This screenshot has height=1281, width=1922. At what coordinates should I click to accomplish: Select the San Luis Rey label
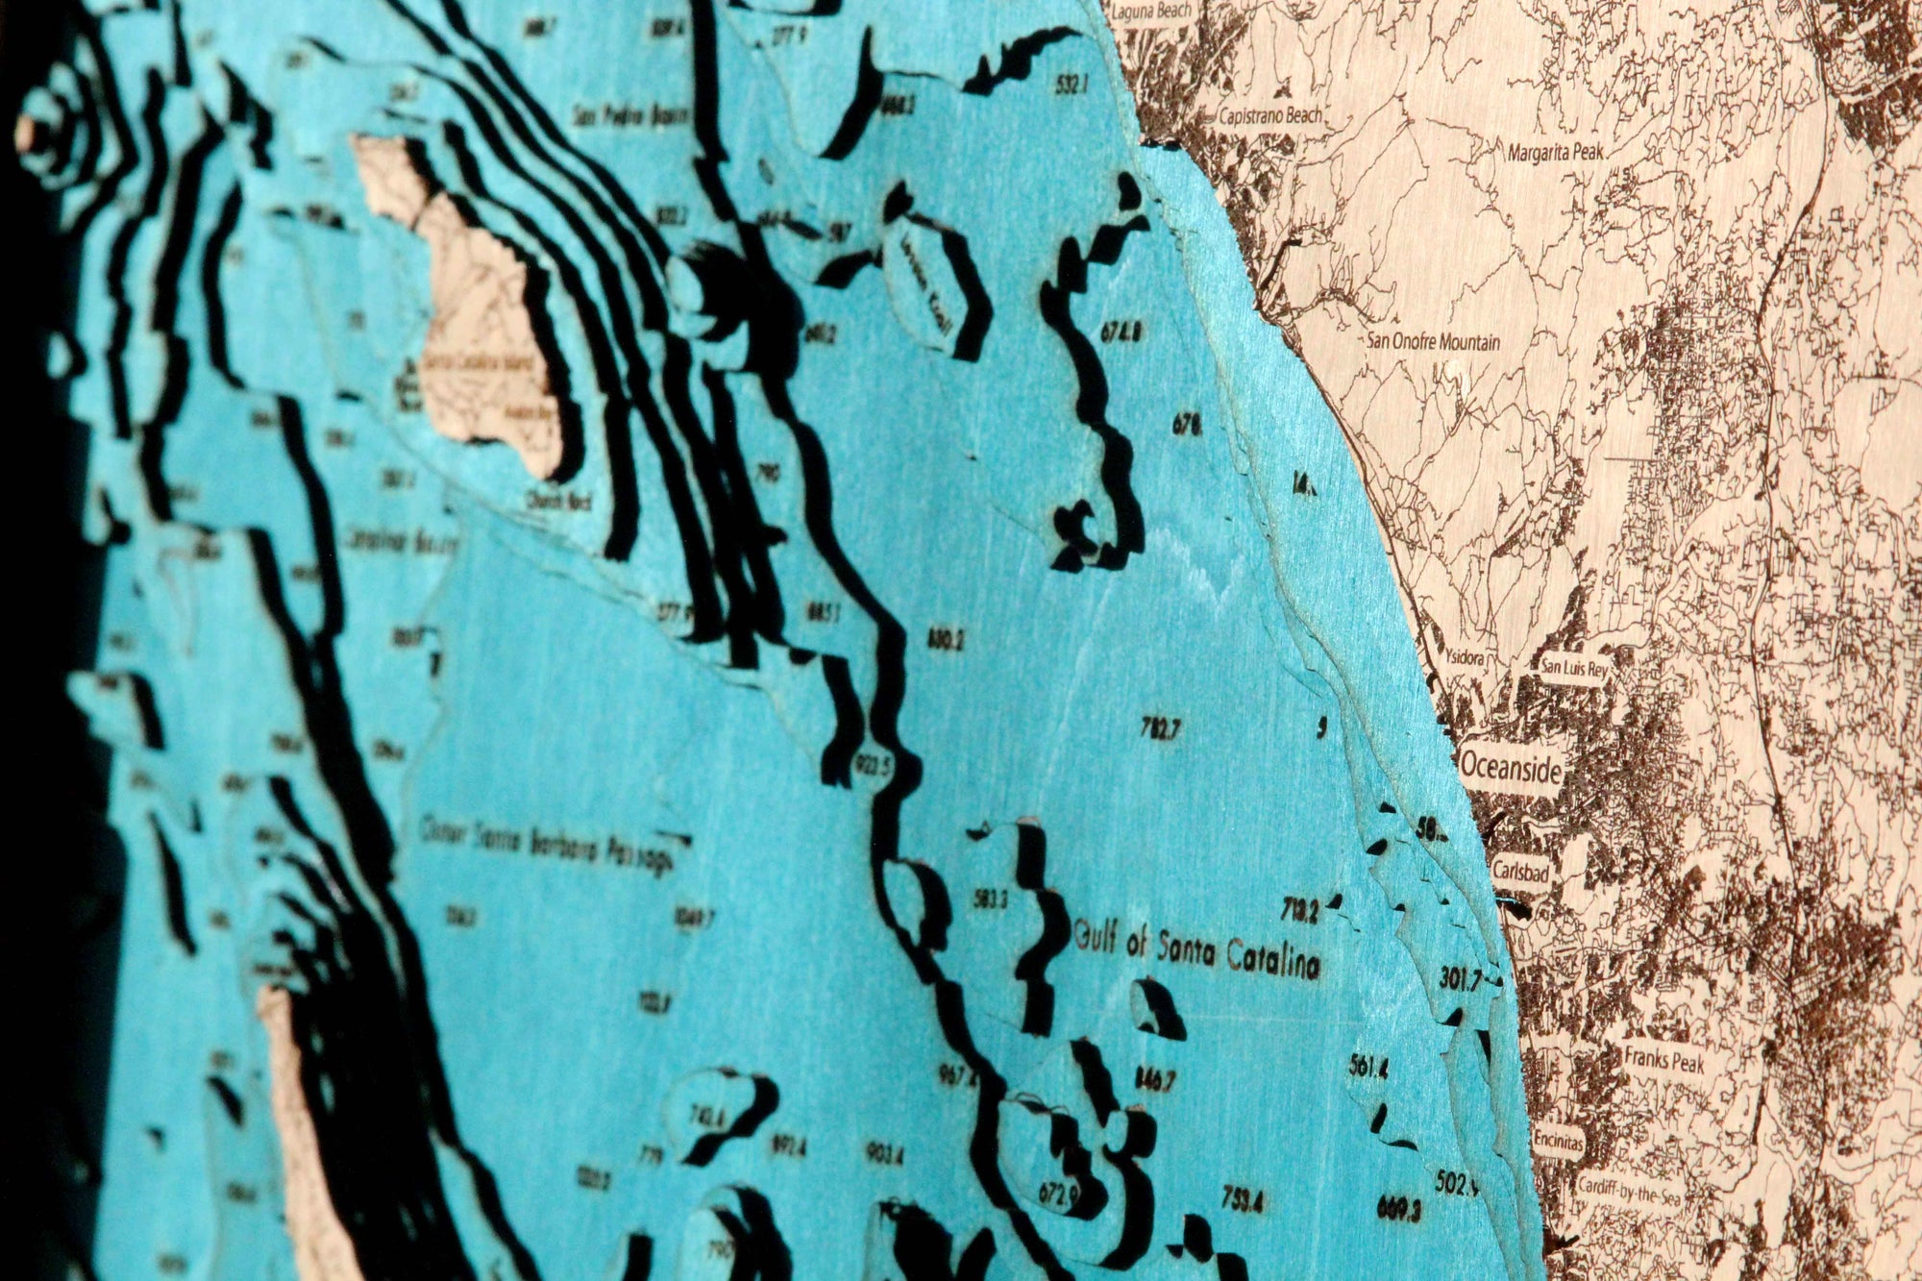coord(1572,664)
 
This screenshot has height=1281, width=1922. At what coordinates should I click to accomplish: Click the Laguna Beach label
coord(1151,11)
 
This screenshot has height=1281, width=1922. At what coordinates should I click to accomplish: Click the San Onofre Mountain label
coord(1433,341)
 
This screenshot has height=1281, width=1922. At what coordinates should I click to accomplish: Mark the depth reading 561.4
coord(1368,1069)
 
